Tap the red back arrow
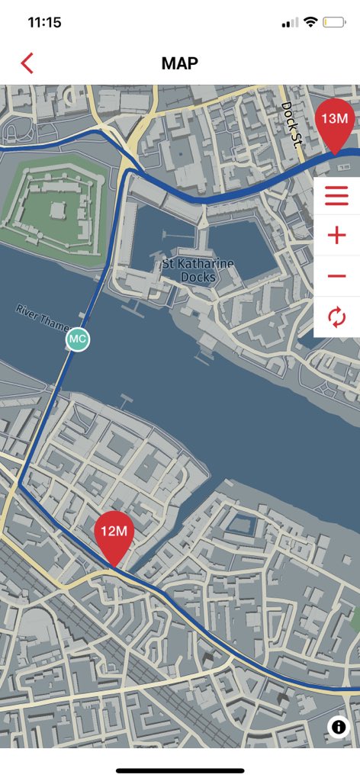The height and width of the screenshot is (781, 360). (27, 63)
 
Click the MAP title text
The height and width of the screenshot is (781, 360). (180, 63)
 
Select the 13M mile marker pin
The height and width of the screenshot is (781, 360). (335, 123)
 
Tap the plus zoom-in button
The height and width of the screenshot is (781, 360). (336, 235)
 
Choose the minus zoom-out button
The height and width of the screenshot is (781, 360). (336, 276)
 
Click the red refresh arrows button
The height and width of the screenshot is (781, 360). (336, 317)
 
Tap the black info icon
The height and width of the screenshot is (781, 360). (339, 727)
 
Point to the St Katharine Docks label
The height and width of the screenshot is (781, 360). (198, 271)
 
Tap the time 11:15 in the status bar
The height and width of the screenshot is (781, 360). (44, 22)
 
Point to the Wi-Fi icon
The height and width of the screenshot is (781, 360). (310, 22)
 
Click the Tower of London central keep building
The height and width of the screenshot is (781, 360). (56, 209)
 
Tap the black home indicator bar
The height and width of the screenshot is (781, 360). (180, 770)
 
